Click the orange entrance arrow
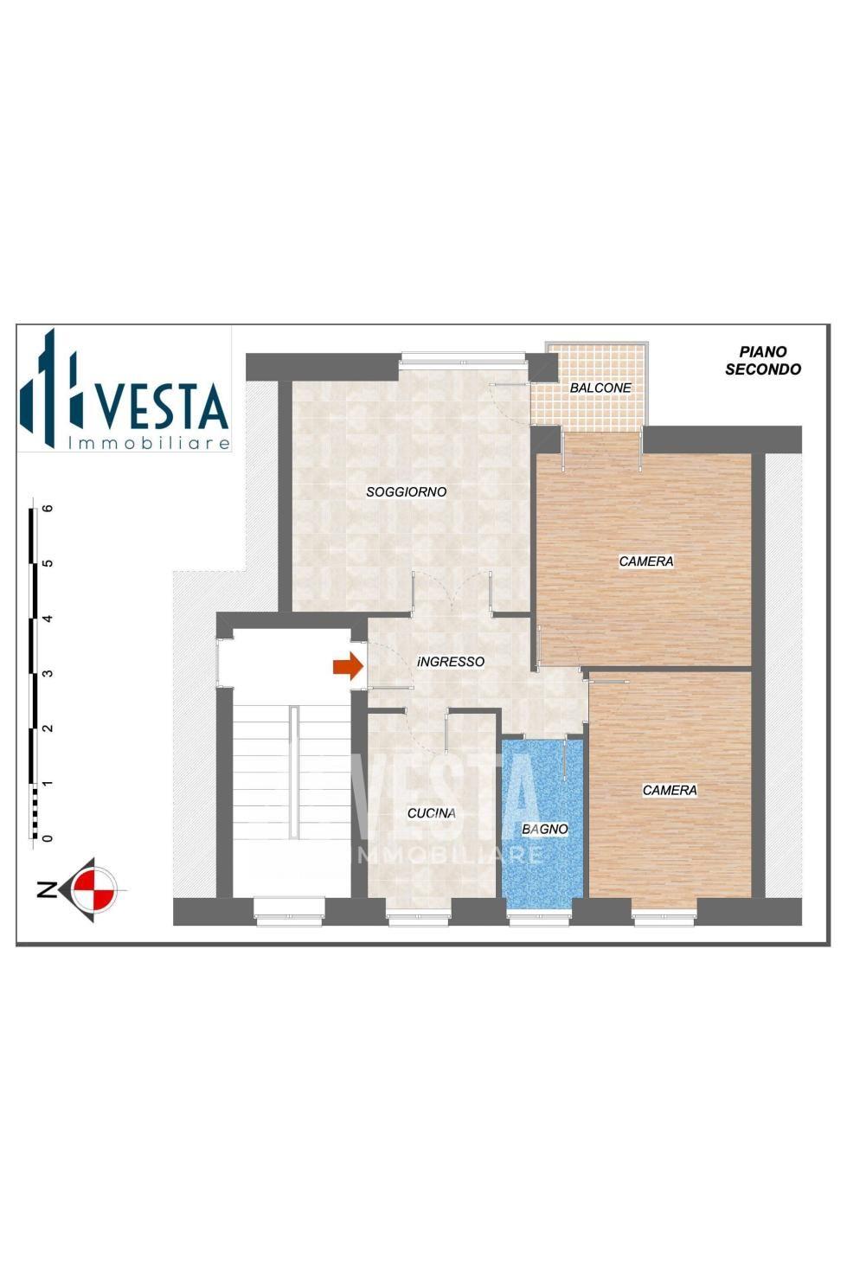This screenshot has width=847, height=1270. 348,666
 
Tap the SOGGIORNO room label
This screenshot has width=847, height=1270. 406,491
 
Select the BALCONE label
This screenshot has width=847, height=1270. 600,388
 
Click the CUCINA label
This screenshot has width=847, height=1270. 432,813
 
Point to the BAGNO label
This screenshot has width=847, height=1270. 545,828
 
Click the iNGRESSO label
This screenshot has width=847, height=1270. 451,661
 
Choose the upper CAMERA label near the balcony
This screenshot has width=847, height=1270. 645,561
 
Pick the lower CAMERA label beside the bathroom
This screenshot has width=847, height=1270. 669,790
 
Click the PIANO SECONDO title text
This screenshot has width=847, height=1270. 763,361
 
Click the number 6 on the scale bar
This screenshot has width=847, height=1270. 48,508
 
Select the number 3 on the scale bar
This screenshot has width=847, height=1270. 48,673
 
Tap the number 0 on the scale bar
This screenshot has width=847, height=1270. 48,838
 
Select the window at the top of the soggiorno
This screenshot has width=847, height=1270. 462,359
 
